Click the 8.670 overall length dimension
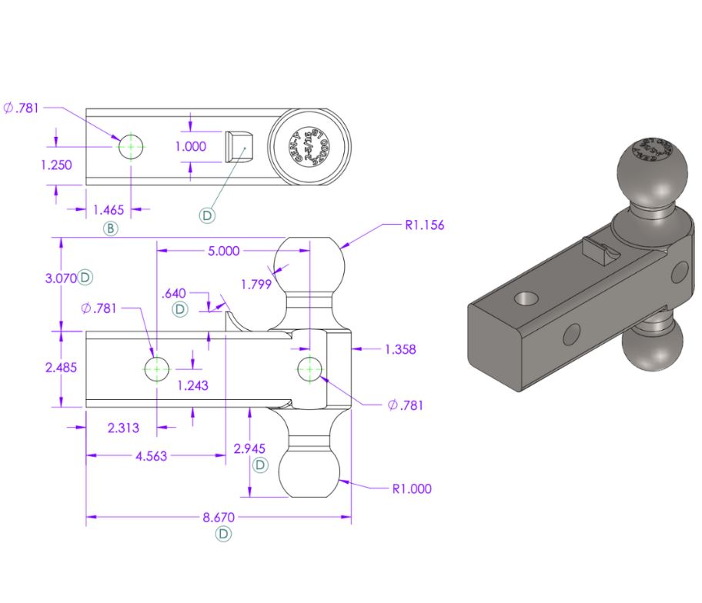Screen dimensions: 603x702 (x=219, y=517)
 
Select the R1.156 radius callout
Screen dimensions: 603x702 (x=424, y=225)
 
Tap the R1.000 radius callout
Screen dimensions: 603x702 (x=412, y=488)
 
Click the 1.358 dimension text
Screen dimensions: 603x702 (x=400, y=349)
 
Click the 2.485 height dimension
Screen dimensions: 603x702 (x=61, y=368)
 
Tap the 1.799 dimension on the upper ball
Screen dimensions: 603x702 (x=256, y=285)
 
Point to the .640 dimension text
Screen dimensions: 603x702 (x=175, y=293)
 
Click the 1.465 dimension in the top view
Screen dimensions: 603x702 (x=109, y=209)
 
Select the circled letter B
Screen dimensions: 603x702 (x=112, y=228)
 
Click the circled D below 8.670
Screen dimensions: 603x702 (x=223, y=534)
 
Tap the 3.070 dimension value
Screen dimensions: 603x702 (x=61, y=278)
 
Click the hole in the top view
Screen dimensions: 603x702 (x=132, y=145)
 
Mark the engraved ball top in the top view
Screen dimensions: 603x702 (x=310, y=146)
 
